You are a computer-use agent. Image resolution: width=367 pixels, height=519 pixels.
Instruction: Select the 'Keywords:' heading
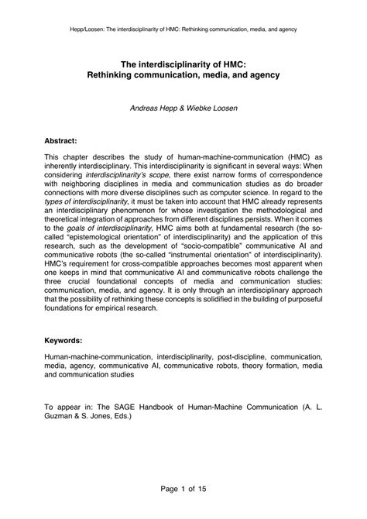66,340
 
